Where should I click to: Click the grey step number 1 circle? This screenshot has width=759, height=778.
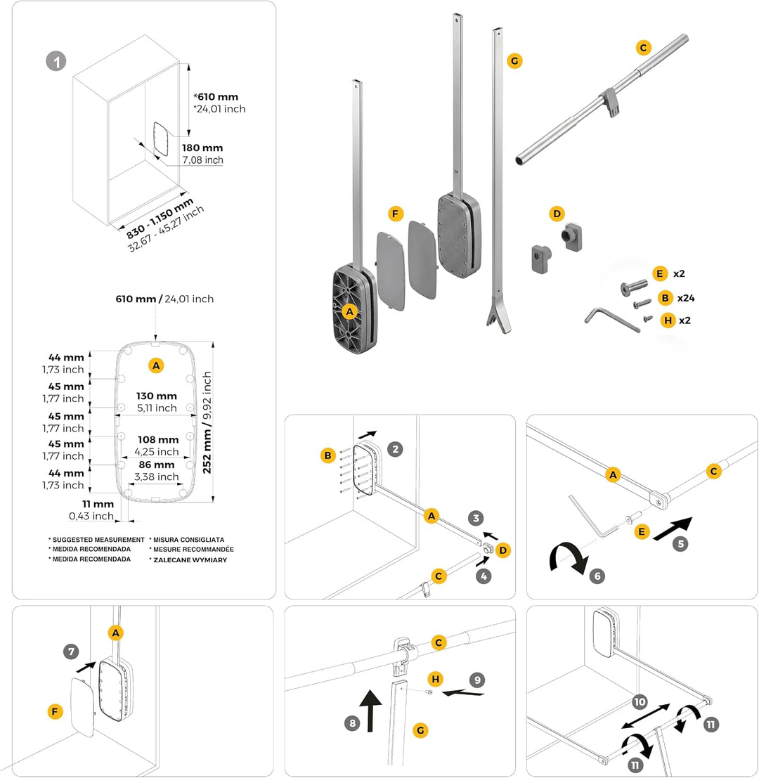[x=56, y=62]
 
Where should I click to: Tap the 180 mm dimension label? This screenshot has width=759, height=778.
[x=202, y=148]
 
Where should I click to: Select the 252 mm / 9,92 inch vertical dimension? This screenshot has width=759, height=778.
[x=207, y=422]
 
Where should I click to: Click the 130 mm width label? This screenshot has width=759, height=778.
[x=157, y=396]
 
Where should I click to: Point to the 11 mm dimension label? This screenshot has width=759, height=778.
[x=98, y=504]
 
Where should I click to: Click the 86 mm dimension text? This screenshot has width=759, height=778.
[x=157, y=465]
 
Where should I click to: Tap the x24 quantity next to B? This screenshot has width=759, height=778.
[x=686, y=298]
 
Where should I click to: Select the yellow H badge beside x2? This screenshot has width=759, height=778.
[x=668, y=320]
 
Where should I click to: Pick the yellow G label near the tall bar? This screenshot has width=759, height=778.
[x=514, y=61]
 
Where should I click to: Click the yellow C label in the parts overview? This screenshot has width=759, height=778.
[x=644, y=48]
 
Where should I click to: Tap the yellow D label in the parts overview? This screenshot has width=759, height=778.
[x=557, y=214]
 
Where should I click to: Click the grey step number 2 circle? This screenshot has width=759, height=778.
[x=395, y=450]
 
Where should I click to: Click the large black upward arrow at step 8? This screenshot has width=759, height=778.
[x=370, y=710]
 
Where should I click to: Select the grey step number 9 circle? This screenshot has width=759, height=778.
[x=477, y=680]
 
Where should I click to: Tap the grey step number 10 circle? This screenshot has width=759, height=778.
[x=640, y=701]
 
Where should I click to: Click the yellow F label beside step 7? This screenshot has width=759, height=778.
[x=55, y=712]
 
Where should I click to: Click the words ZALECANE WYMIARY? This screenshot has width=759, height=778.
[x=190, y=560]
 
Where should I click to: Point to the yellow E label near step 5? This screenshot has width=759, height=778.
[x=642, y=532]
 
